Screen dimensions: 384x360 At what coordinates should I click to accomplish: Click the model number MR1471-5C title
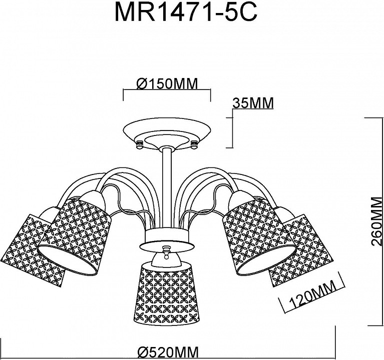click(x=186, y=11)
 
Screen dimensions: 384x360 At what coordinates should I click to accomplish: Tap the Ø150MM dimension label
click(x=167, y=84)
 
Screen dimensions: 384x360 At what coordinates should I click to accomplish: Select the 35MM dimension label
click(x=253, y=103)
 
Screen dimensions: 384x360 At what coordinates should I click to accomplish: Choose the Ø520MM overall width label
click(x=168, y=353)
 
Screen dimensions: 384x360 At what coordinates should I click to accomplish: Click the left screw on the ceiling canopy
click(x=139, y=144)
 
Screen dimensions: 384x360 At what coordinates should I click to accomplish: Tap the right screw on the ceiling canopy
click(x=194, y=144)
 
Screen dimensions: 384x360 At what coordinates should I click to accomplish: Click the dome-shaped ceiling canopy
click(x=167, y=134)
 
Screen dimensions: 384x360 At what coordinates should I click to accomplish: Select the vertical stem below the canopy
click(x=167, y=188)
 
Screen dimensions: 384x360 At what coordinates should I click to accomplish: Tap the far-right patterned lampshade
click(x=301, y=247)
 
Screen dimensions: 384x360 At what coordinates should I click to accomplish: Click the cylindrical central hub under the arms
click(x=167, y=235)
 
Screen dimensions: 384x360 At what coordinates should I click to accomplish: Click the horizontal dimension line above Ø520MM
click(x=168, y=345)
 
